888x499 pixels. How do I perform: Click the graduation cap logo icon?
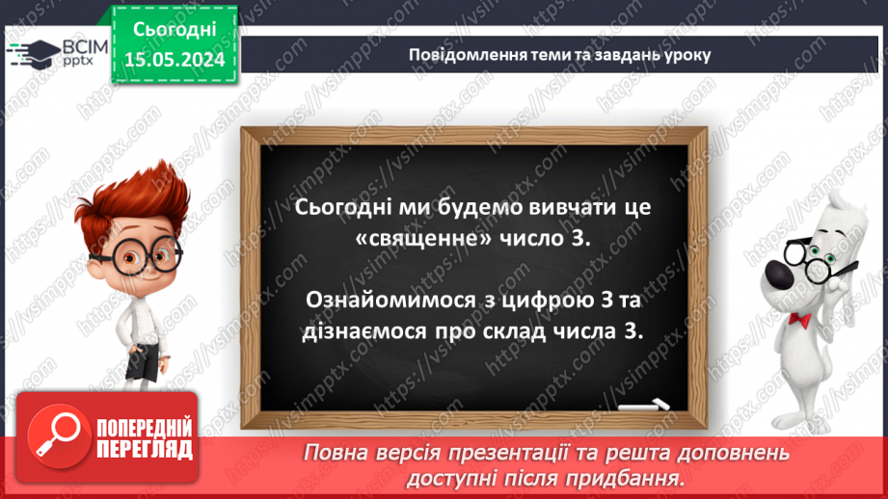(32, 53)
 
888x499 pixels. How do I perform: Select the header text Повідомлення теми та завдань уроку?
(559, 54)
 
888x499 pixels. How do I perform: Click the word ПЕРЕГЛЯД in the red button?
(145, 450)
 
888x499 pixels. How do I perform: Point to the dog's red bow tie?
(798, 317)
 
